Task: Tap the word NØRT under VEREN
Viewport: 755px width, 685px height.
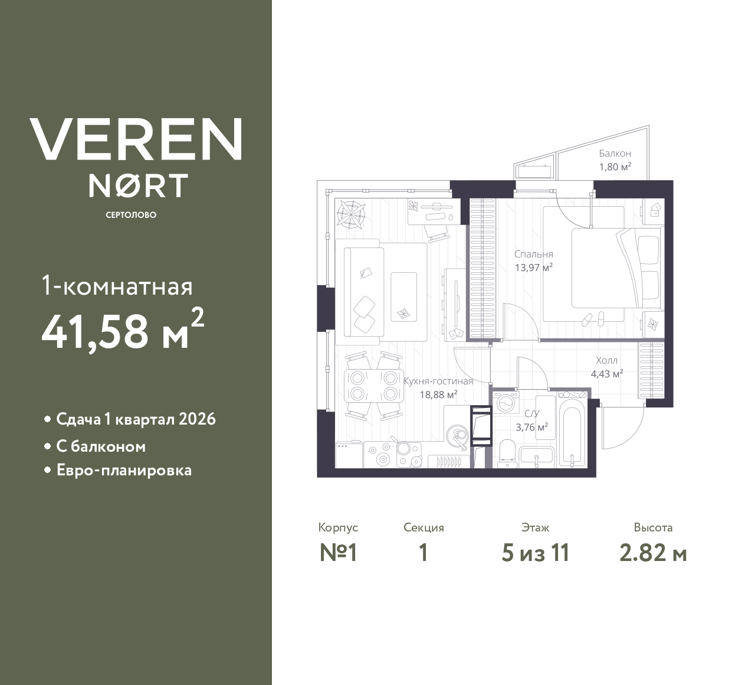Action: click(139, 185)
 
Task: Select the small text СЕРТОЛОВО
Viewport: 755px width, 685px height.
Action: click(131, 215)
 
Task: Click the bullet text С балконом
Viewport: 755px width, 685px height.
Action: click(101, 447)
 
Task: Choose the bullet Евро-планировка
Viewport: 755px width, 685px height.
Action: click(124, 471)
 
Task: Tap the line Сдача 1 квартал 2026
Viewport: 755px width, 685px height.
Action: click(136, 419)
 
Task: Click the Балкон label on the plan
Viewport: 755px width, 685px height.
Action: click(615, 154)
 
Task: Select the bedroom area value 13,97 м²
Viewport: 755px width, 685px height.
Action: click(534, 268)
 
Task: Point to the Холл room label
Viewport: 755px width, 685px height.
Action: click(607, 361)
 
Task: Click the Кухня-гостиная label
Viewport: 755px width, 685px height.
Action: click(438, 381)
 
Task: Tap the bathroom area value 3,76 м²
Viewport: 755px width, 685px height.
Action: click(531, 428)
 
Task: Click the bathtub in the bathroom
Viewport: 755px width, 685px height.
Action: click(572, 436)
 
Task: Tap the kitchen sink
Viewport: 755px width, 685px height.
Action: click(457, 436)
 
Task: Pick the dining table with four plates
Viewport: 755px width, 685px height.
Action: click(374, 386)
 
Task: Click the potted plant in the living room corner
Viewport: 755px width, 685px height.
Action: click(352, 214)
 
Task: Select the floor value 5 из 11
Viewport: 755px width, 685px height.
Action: click(535, 553)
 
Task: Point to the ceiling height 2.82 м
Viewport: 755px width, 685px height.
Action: click(653, 553)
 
